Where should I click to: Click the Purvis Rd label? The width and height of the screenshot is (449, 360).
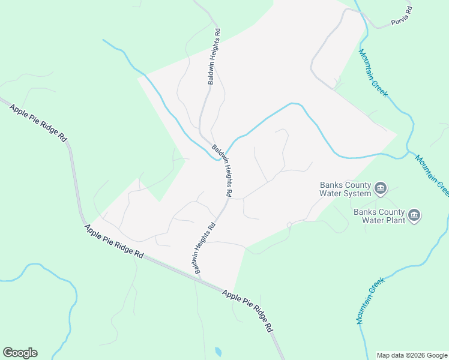click(401, 17)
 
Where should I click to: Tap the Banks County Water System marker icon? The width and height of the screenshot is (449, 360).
click(381, 190)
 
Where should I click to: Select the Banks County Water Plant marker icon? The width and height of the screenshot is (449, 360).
click(414, 215)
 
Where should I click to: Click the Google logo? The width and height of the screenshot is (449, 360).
click(20, 353)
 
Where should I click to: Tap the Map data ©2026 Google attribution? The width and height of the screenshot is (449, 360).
click(411, 355)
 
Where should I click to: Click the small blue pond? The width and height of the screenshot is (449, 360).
click(218, 352)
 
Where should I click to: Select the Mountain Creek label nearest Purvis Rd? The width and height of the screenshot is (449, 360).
click(373, 73)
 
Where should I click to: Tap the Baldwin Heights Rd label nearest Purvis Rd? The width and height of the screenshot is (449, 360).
click(214, 56)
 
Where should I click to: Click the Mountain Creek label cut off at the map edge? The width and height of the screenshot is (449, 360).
click(432, 175)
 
